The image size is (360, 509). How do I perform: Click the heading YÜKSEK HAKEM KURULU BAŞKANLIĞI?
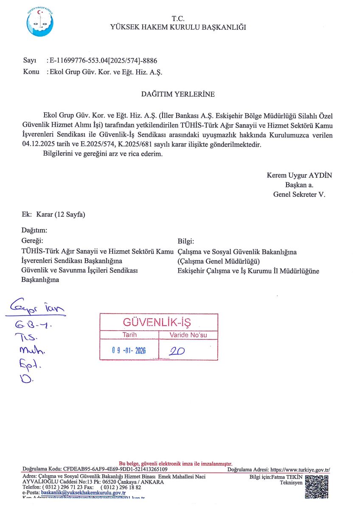(178, 28)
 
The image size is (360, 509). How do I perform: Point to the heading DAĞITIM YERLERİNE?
(178, 94)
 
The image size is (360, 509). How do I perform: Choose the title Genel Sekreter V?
(299, 195)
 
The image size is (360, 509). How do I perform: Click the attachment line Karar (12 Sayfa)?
(61, 215)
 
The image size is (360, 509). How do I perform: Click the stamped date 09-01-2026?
(129, 351)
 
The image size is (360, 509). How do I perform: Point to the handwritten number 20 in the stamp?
(175, 351)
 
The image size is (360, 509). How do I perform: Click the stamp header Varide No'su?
(188, 335)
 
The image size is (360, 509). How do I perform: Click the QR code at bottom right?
(317, 486)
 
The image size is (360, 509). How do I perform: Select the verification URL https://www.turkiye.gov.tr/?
(300, 470)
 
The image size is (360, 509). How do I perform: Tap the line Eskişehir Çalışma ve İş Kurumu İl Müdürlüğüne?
(248, 271)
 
